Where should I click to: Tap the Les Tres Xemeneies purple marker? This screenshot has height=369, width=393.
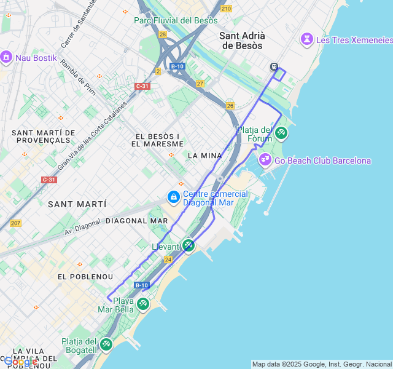(306, 40)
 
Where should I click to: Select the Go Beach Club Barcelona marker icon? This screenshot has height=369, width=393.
(265, 161)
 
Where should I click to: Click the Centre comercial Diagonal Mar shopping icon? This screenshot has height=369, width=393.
(174, 197)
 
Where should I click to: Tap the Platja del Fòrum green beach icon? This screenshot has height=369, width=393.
(281, 132)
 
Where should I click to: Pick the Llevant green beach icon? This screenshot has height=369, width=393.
(189, 246)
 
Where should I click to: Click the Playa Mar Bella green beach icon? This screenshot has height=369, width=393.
(143, 303)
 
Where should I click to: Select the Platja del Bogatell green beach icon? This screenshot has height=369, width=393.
(106, 344)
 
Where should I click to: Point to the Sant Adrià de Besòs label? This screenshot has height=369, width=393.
(241, 41)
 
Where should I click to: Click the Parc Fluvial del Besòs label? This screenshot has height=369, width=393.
(176, 20)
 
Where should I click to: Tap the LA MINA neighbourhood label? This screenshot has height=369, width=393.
(204, 156)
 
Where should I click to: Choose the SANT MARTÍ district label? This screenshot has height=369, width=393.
(76, 204)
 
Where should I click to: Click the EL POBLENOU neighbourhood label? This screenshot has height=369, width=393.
(85, 277)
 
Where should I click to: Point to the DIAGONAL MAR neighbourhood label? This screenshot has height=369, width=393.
(136, 220)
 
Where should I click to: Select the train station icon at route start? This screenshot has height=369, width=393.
(274, 67)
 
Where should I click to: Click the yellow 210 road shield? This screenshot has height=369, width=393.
(227, 8)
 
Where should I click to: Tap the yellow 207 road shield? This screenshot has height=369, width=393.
(15, 223)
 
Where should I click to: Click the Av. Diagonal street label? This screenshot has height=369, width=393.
(82, 228)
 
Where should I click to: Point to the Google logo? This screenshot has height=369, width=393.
(20, 362)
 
